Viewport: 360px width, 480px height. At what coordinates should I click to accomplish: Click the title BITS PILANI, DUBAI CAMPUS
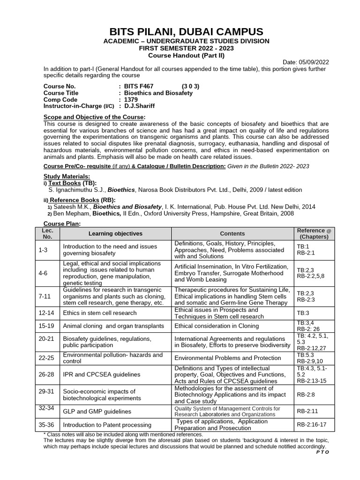[186, 32]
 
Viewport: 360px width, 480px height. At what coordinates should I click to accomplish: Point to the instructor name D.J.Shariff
[139, 106]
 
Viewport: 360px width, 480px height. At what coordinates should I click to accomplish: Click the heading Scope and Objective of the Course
[94, 117]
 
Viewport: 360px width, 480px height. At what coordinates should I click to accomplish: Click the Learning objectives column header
[115, 233]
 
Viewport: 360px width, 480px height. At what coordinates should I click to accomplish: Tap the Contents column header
[232, 233]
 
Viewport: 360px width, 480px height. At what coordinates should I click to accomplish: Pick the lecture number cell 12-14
[47, 313]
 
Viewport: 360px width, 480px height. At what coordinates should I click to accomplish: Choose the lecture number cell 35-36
[47, 425]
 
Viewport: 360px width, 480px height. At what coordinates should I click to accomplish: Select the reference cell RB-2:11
[307, 412]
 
